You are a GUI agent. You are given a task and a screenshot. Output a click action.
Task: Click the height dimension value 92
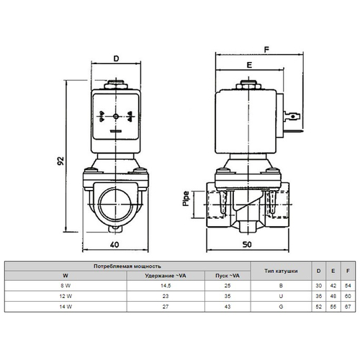click(x=61, y=159)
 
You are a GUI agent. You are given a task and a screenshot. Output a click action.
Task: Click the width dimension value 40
click(x=114, y=245)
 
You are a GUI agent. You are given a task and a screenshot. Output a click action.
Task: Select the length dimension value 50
click(x=248, y=245)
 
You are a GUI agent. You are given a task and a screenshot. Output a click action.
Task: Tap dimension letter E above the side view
click(x=249, y=66)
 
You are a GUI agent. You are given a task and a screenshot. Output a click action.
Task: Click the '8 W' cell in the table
click(x=66, y=285)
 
